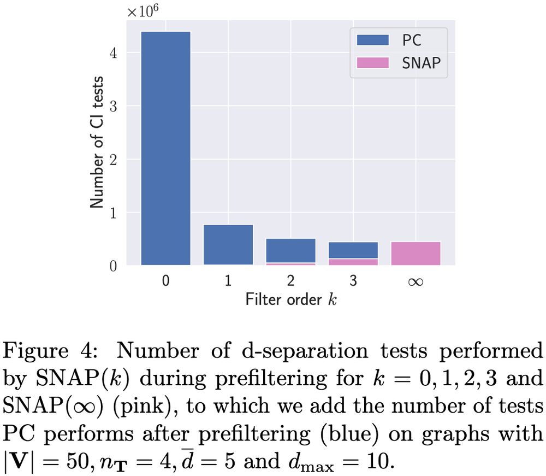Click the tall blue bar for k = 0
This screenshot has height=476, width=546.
coord(165,148)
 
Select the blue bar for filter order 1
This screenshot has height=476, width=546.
coord(228,244)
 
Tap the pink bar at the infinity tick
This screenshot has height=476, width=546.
coord(416,253)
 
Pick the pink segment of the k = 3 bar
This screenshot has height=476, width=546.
coord(353,262)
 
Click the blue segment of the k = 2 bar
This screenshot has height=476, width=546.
coord(290,250)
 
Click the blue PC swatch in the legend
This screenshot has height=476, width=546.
coord(372,40)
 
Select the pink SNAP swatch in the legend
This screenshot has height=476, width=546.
coord(372,62)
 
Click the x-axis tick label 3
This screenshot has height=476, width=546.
coord(353,281)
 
